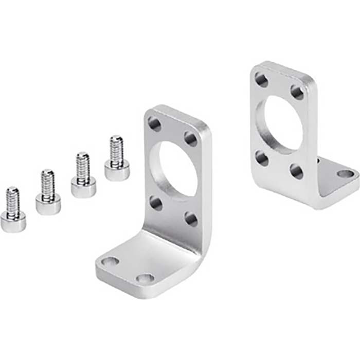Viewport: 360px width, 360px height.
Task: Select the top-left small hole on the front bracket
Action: point(155,124)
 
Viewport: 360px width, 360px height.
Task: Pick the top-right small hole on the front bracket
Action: point(191,139)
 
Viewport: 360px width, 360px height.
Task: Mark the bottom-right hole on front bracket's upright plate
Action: point(191,219)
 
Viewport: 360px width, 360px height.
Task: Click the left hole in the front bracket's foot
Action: point(110,262)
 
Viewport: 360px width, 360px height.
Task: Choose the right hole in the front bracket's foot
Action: point(145,278)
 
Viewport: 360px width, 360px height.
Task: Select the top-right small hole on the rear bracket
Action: point(297,92)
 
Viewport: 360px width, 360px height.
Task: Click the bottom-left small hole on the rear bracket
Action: point(262,158)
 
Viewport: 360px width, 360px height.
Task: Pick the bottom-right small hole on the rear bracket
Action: point(296,171)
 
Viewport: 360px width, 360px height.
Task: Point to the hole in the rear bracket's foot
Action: point(346,174)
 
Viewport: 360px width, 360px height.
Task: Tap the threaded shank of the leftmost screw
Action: point(13,200)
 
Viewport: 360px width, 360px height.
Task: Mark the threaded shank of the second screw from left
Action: point(48,182)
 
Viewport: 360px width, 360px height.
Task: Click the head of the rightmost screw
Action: point(117,171)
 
